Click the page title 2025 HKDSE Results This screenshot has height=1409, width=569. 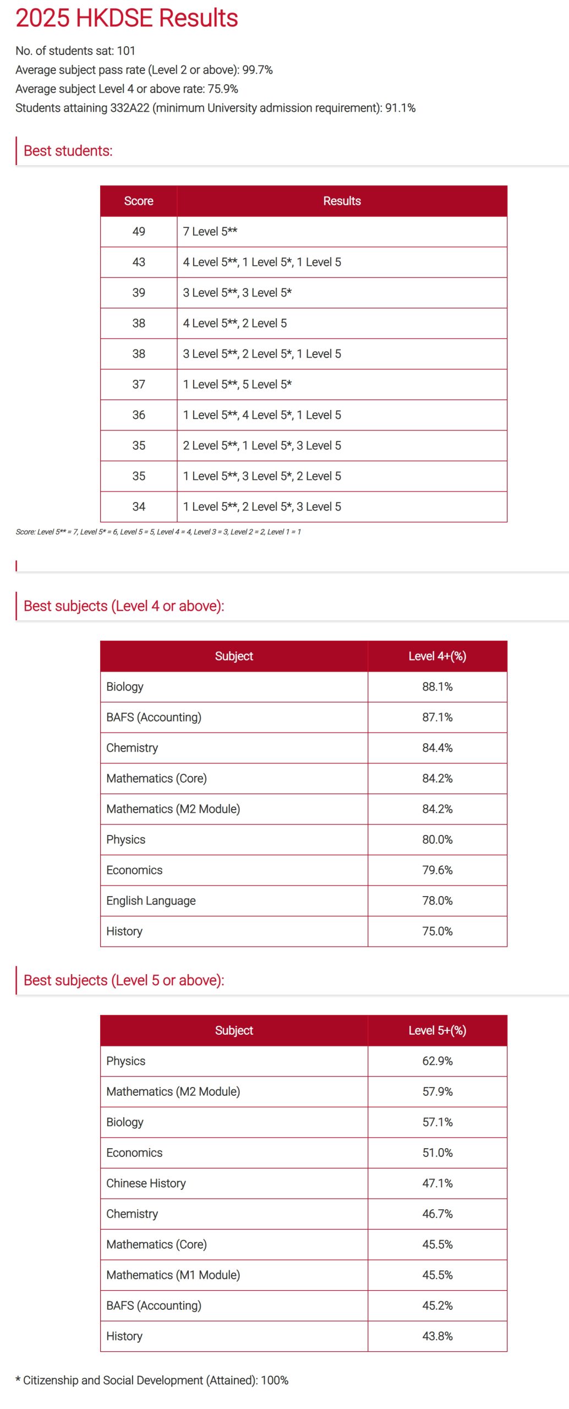pyautogui.click(x=127, y=18)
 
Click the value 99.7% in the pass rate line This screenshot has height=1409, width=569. pyautogui.click(x=258, y=70)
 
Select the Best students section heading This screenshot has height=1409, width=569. pyautogui.click(x=68, y=151)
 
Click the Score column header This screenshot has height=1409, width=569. pyautogui.click(x=139, y=201)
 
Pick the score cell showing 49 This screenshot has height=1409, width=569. pyautogui.click(x=139, y=232)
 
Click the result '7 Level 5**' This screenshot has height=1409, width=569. pyautogui.click(x=210, y=232)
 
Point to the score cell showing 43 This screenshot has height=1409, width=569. pyautogui.click(x=139, y=262)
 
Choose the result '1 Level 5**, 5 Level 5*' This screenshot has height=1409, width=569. pyautogui.click(x=237, y=384)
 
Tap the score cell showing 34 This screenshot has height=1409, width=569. pyautogui.click(x=139, y=506)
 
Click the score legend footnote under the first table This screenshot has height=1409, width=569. pyautogui.click(x=158, y=532)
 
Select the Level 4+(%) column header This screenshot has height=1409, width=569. pyautogui.click(x=437, y=656)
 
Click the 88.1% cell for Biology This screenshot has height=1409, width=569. pyautogui.click(x=437, y=687)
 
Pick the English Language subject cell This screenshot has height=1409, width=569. pyautogui.click(x=151, y=900)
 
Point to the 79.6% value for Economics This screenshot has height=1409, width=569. pyautogui.click(x=437, y=870)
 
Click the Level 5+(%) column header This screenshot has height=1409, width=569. pyautogui.click(x=437, y=1030)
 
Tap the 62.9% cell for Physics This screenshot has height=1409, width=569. pyautogui.click(x=437, y=1061)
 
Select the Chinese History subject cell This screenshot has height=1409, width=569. pyautogui.click(x=146, y=1183)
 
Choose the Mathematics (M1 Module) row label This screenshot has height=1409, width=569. pyautogui.click(x=173, y=1275)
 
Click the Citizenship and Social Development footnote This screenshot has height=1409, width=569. pyautogui.click(x=152, y=1380)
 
